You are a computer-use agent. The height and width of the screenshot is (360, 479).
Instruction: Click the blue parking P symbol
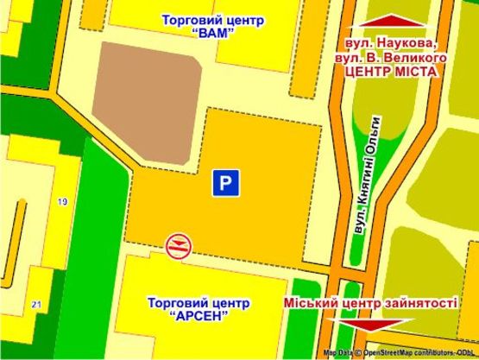(224, 183)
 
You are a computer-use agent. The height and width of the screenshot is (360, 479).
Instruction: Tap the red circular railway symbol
(178, 245)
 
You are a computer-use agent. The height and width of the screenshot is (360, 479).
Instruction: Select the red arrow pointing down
(371, 325)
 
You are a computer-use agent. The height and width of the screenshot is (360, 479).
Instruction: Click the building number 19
(61, 202)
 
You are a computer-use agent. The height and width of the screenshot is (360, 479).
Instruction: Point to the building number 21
(35, 305)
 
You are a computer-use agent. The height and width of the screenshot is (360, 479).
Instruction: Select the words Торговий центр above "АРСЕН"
(199, 303)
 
